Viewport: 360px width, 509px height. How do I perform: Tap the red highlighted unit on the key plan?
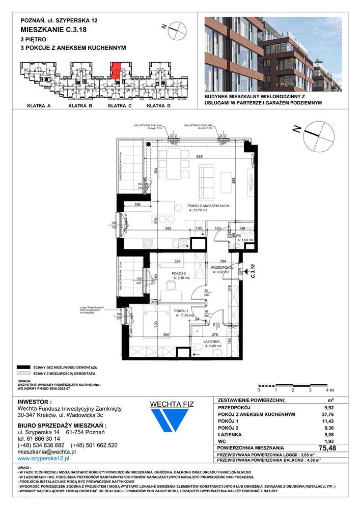[116, 70]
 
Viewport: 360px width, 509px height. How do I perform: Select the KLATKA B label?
[79, 106]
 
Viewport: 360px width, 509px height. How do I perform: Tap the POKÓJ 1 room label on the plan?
[182, 310]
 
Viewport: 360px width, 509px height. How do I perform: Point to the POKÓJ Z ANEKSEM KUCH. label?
[209, 205]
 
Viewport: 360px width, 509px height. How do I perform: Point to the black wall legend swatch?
[22, 367]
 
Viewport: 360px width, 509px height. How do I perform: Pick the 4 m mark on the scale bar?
[327, 390]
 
